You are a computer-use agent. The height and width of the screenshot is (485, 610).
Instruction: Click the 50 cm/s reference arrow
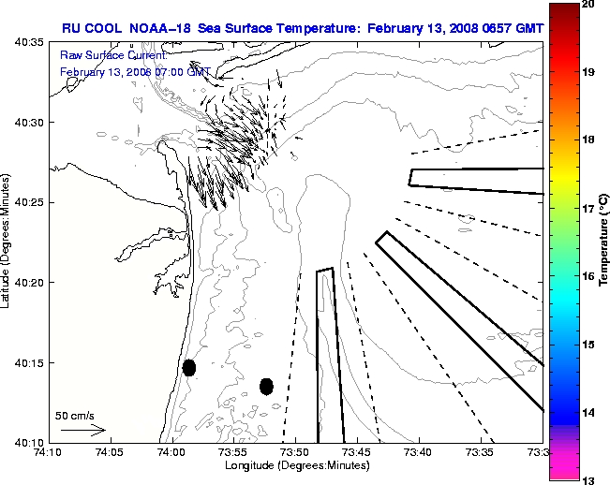click(82, 430)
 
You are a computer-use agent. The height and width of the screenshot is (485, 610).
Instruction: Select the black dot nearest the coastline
click(189, 367)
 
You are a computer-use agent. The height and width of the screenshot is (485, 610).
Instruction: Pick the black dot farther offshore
click(266, 386)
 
